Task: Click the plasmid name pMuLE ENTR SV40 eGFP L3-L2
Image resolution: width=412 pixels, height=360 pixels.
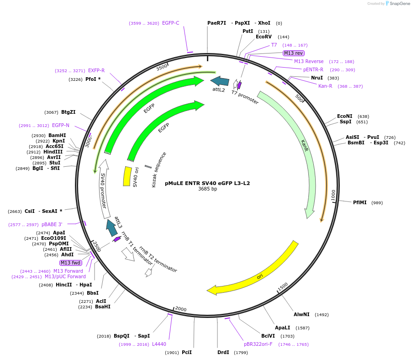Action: pyautogui.click(x=207, y=183)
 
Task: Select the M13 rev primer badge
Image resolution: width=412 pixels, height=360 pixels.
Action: pyautogui.click(x=293, y=53)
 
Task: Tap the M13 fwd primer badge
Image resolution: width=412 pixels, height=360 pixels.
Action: pyautogui.click(x=71, y=263)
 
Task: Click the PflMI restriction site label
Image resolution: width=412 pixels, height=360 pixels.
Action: pyautogui.click(x=360, y=202)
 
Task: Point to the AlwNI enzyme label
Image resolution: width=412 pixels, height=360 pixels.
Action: pyautogui.click(x=301, y=314)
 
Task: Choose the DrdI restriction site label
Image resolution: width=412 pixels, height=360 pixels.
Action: pyautogui.click(x=223, y=352)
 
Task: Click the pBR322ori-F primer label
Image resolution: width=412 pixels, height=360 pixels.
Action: pyautogui.click(x=258, y=344)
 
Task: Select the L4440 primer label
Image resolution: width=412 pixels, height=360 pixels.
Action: pyautogui.click(x=159, y=344)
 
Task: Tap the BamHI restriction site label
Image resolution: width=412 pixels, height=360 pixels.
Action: pyautogui.click(x=57, y=135)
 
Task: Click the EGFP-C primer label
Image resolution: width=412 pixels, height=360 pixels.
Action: pyautogui.click(x=170, y=23)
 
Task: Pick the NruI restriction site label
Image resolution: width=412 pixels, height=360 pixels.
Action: pyautogui.click(x=317, y=78)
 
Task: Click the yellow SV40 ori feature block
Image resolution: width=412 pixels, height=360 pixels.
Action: pyautogui.click(x=127, y=176)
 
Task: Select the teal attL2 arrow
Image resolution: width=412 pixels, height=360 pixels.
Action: pyautogui.click(x=220, y=81)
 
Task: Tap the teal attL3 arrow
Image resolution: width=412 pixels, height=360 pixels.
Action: pyautogui.click(x=111, y=228)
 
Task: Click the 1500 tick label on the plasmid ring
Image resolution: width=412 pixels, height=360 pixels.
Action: pyautogui.click(x=283, y=286)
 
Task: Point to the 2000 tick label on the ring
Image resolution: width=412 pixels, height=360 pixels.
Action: pyautogui.click(x=181, y=309)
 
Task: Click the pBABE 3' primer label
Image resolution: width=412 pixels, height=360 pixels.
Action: pyautogui.click(x=52, y=224)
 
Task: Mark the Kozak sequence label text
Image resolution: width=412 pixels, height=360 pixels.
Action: pyautogui.click(x=159, y=169)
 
